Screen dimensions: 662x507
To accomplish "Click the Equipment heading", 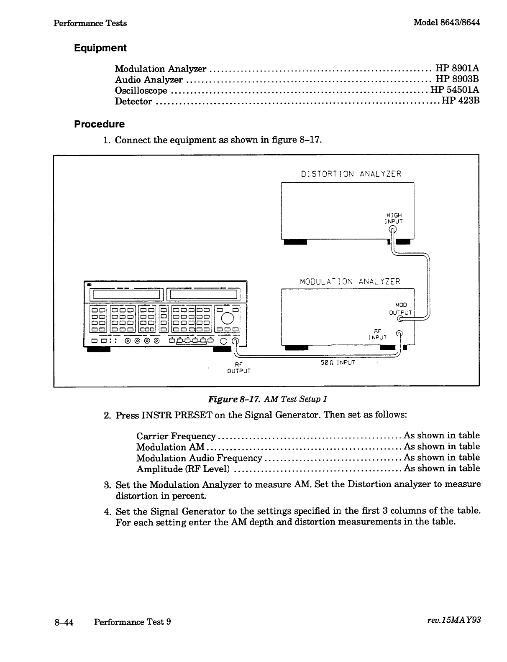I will [x=100, y=48].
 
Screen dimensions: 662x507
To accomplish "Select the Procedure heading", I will [x=99, y=124].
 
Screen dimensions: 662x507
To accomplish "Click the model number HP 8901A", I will [x=457, y=69].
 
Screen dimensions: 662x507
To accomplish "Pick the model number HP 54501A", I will [x=455, y=90].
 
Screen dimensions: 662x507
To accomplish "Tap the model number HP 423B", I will [x=460, y=101].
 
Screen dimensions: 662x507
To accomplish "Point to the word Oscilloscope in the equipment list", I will [x=141, y=91].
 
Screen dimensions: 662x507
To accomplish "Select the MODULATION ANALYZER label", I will [x=350, y=282].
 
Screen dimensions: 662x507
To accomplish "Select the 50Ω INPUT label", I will [x=338, y=362].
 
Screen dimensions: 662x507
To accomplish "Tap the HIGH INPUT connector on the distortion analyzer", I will [x=393, y=229].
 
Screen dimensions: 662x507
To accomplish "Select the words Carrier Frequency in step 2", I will [x=176, y=436].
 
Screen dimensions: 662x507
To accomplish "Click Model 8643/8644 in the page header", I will [x=446, y=23].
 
